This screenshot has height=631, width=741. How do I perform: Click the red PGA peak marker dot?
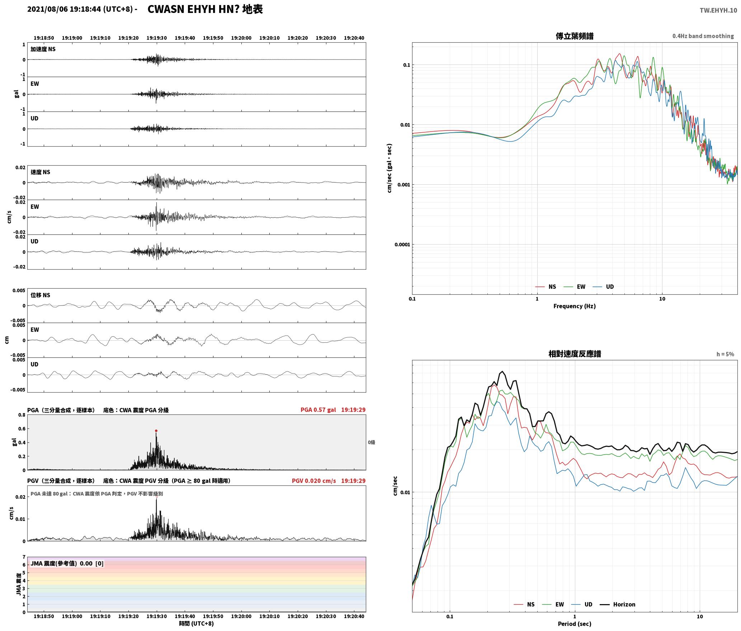[156, 431]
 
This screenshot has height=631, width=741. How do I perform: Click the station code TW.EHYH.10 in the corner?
[718, 10]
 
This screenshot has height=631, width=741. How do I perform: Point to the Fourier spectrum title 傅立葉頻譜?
[574, 36]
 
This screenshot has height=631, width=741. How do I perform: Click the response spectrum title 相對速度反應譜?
[575, 354]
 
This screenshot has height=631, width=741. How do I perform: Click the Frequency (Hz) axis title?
[574, 306]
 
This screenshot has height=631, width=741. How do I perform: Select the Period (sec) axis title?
[574, 624]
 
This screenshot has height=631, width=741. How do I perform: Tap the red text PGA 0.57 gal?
[318, 410]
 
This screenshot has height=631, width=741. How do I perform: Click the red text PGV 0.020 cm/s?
[314, 481]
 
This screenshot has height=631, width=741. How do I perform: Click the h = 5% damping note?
[725, 354]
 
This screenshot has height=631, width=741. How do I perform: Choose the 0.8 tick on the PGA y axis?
[22, 415]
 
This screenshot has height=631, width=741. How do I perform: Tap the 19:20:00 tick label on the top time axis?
[241, 38]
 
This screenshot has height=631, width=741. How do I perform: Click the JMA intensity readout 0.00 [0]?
[91, 564]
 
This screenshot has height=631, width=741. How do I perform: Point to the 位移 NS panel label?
[40, 295]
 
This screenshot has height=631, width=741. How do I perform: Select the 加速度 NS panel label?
[43, 49]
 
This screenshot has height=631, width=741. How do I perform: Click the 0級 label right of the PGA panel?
[371, 442]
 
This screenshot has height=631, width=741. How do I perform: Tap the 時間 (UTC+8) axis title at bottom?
[197, 623]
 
